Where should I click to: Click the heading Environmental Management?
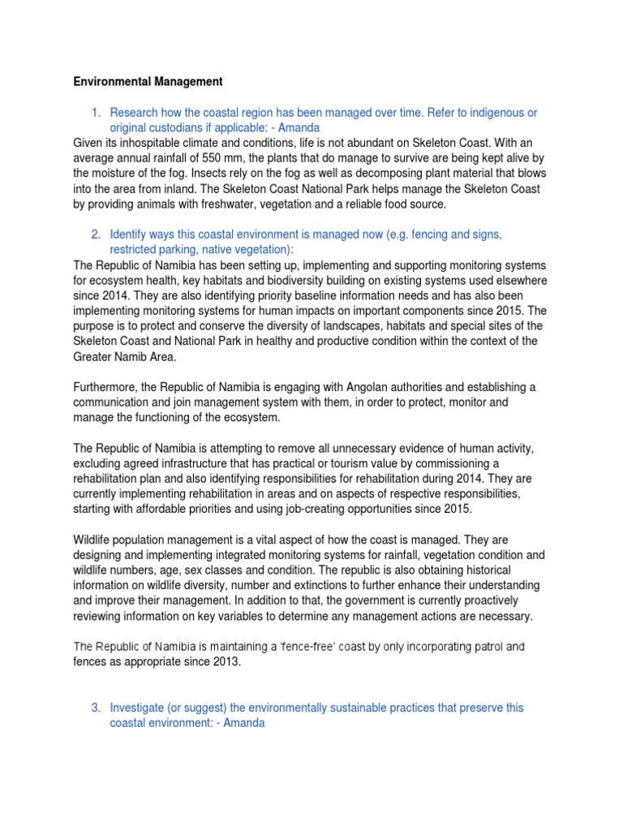click(x=148, y=82)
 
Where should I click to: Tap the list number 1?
click(x=95, y=113)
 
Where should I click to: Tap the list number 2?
click(x=95, y=235)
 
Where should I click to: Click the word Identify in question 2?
click(x=130, y=235)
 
